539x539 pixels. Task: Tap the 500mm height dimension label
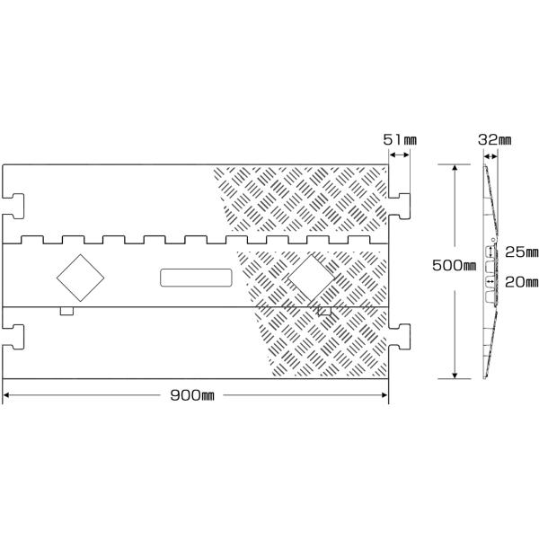(x=454, y=267)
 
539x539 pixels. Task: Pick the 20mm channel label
(x=520, y=281)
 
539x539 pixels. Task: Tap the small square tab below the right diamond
(x=324, y=311)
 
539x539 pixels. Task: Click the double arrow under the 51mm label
(x=400, y=156)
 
